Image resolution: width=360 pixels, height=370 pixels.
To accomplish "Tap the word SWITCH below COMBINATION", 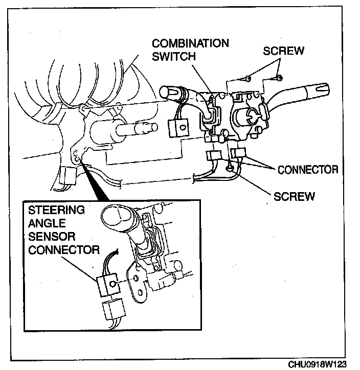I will (174, 56).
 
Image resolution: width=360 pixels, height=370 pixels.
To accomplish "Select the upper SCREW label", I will (283, 51).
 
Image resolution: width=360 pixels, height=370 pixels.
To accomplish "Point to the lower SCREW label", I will (294, 196).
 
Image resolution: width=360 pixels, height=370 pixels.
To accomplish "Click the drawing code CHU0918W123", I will (317, 364).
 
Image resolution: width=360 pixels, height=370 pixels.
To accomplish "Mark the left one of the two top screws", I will (247, 78).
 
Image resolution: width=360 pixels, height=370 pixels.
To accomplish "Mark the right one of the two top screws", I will (280, 77).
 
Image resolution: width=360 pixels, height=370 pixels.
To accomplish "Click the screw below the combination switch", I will (230, 167).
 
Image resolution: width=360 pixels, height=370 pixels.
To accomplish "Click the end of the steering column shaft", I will (149, 128).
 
